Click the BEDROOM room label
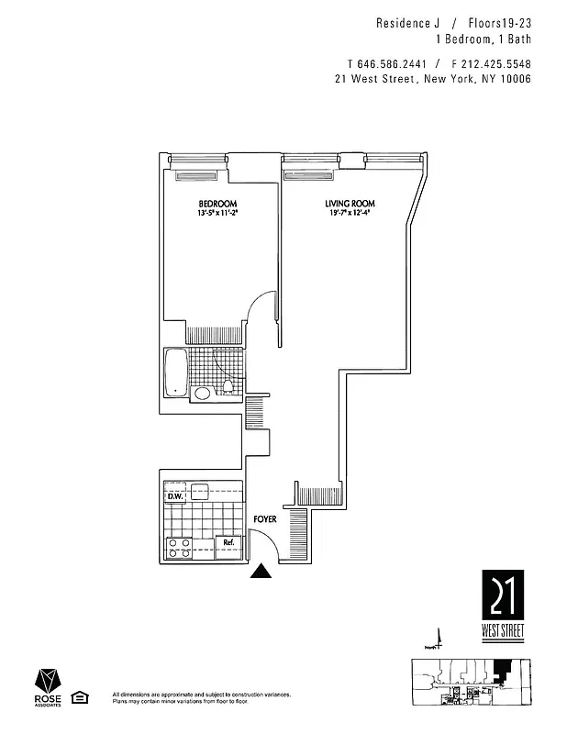pyautogui.click(x=217, y=203)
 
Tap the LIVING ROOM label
pyautogui.click(x=350, y=203)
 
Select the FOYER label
pyautogui.click(x=265, y=518)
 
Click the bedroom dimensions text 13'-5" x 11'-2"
pyautogui.click(x=217, y=213)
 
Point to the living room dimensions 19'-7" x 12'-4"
pyautogui.click(x=350, y=213)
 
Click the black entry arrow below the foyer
pyautogui.click(x=262, y=573)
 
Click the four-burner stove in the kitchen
pyautogui.click(x=179, y=548)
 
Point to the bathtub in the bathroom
pyautogui.click(x=175, y=372)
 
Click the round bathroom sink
pyautogui.click(x=202, y=394)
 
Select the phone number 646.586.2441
pyautogui.click(x=386, y=63)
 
